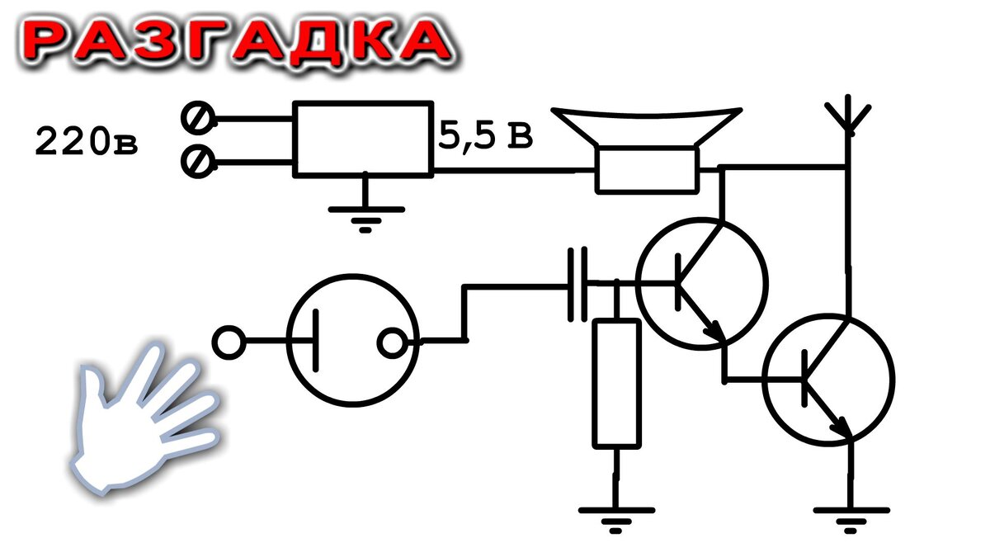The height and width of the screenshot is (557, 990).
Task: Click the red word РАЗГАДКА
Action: [x=238, y=43]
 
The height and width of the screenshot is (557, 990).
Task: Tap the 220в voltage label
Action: [x=87, y=141]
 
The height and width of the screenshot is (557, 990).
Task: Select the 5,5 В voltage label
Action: [x=485, y=135]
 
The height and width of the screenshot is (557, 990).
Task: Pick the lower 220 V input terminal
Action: [x=198, y=162]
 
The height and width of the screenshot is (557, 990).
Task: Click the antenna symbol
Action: [x=848, y=115]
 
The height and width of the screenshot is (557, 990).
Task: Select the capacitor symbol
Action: [x=577, y=284]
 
